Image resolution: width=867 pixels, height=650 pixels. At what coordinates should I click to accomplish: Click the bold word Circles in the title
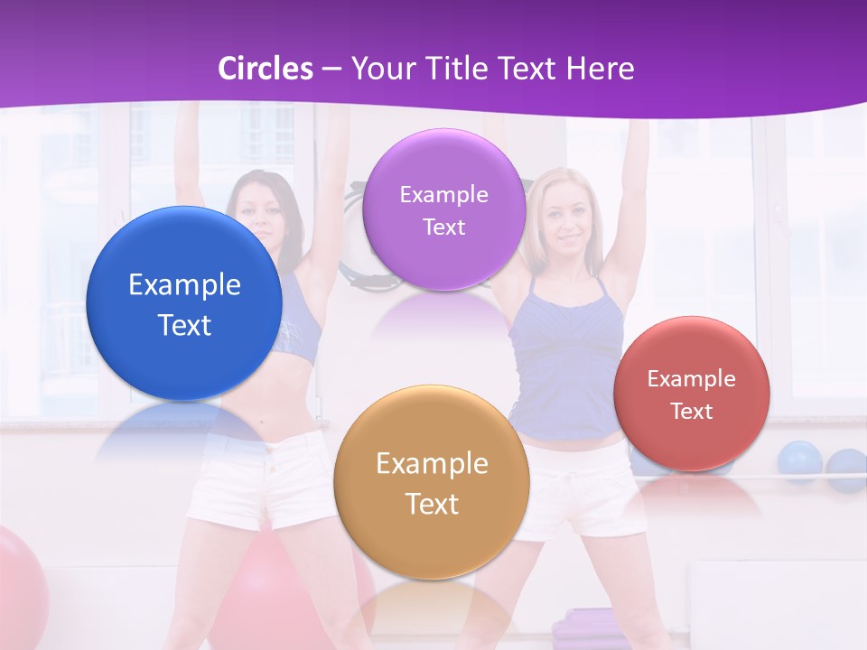[x=266, y=69]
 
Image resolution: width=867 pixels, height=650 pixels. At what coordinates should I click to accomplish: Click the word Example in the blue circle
[x=184, y=285]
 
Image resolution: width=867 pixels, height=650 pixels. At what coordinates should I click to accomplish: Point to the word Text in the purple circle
[x=444, y=227]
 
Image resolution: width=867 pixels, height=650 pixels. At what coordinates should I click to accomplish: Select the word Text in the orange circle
[x=432, y=504]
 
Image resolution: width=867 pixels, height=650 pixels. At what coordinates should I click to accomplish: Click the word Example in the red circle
[x=692, y=379]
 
